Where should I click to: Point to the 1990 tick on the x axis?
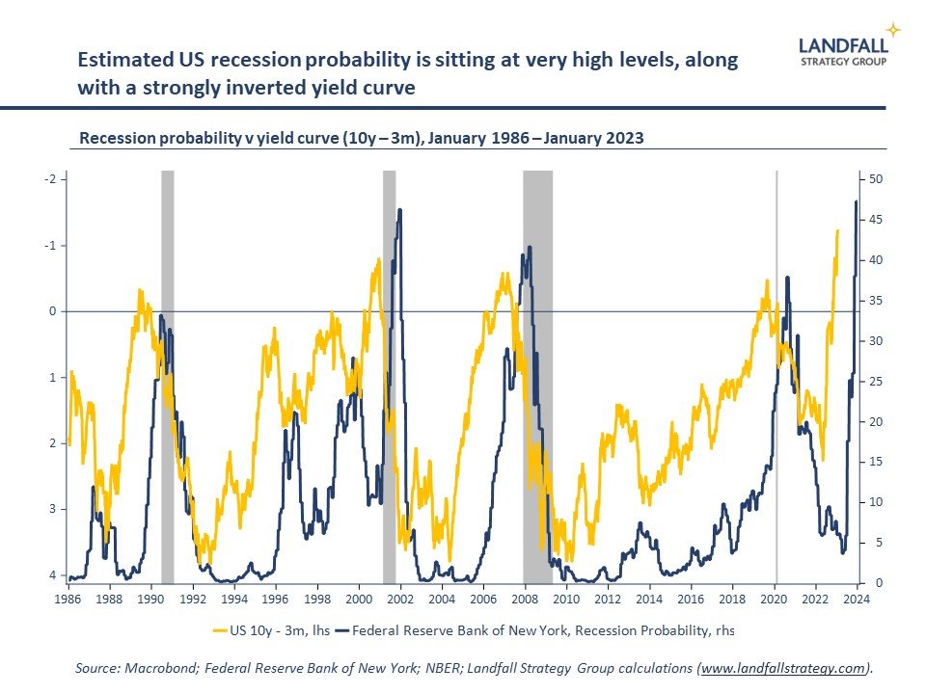pos(151,599)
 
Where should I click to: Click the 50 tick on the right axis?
pos(876,180)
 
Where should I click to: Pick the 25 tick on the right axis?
pos(876,382)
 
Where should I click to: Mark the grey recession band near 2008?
pos(537,376)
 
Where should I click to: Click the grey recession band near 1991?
pos(167,376)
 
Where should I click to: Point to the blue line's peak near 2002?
pos(399,210)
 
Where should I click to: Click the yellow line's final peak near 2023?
pos(837,231)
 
